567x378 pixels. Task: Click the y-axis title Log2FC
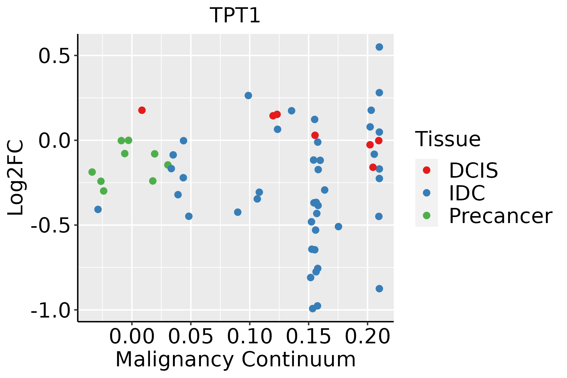tap(16, 178)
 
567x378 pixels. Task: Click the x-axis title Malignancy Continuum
tap(236, 360)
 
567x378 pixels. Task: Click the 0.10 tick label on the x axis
tap(249, 336)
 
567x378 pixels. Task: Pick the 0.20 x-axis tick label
tap(367, 336)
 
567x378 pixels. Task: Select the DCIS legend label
tap(473, 171)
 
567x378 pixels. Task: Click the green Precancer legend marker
tap(427, 215)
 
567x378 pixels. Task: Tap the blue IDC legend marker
tap(427, 193)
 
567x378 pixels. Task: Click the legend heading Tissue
tap(448, 139)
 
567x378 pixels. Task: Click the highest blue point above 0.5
tap(379, 47)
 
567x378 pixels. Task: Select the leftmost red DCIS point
tap(142, 110)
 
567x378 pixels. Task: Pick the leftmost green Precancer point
tap(92, 172)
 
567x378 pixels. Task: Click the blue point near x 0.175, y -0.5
tap(338, 226)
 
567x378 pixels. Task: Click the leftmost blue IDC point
tap(98, 209)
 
